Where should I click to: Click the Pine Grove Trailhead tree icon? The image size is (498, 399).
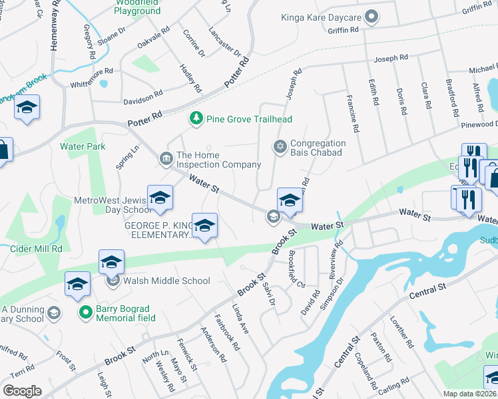tap(196, 118)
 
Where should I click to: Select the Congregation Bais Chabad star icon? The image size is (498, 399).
tap(280, 146)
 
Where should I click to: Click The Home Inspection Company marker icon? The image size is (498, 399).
tap(165, 158)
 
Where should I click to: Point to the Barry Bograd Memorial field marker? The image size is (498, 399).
tap(85, 311)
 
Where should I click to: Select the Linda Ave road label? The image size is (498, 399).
tap(240, 319)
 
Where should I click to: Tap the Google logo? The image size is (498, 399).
tap(22, 391)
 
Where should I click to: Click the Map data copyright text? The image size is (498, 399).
tap(469, 394)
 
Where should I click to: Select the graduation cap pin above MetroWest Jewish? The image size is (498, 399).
tap(160, 198)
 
